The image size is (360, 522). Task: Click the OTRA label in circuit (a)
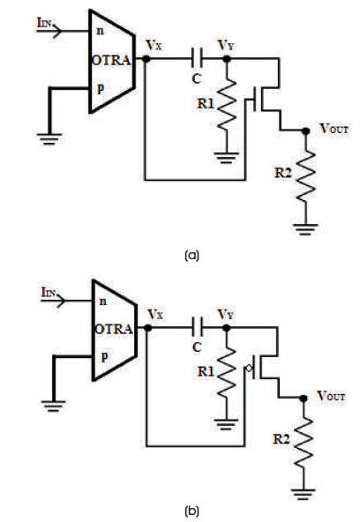pos(111,60)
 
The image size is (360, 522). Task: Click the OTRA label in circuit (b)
pos(114,329)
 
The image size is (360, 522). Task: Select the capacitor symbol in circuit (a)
pos(197,58)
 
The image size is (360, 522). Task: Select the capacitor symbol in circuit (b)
pos(197,328)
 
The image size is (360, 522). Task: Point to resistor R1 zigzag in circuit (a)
pos(227,105)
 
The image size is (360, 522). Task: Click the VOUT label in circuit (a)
pos(334,128)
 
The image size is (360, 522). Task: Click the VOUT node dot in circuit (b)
pos(304,399)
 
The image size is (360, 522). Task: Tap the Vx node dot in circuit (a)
pos(146,59)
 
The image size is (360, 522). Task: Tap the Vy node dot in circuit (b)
pos(227,328)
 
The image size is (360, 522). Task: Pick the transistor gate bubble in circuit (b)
pos(249,369)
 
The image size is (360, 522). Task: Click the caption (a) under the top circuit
pos(191,256)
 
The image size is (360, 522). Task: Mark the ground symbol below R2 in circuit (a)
pos(305,229)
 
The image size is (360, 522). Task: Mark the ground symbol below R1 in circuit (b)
pos(226,424)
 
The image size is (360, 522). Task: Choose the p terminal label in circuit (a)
pos(101,88)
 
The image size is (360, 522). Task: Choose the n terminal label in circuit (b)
pos(103,302)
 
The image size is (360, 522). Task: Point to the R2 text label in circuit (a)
pos(282,173)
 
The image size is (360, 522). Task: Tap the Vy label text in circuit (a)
pos(226,45)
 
